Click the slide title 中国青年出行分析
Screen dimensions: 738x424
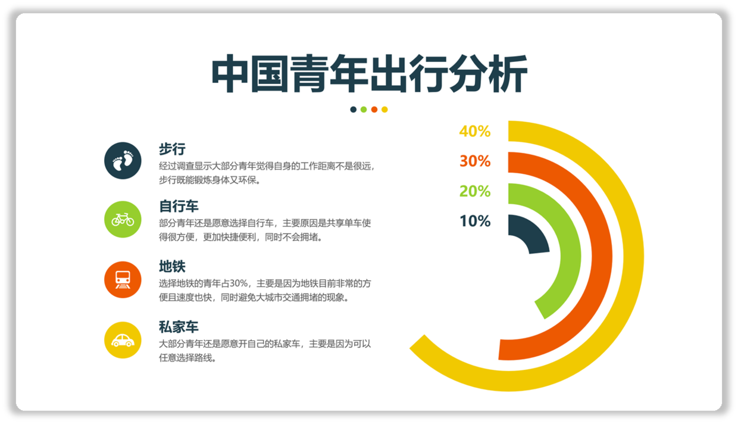370,73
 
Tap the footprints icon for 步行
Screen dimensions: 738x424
123,161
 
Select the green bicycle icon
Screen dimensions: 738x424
123,219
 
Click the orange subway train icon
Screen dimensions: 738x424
123,279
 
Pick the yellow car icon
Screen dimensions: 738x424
123,340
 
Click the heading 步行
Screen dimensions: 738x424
173,149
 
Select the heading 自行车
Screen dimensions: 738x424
179,207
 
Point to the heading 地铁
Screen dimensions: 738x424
173,266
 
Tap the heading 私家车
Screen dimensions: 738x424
179,327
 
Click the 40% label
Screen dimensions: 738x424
475,131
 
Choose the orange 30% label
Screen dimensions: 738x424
475,161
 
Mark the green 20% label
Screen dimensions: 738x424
475,191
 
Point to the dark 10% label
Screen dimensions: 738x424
475,221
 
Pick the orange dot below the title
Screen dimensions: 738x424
374,110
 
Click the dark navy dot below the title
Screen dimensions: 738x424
353,110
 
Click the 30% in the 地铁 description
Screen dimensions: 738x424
239,283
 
